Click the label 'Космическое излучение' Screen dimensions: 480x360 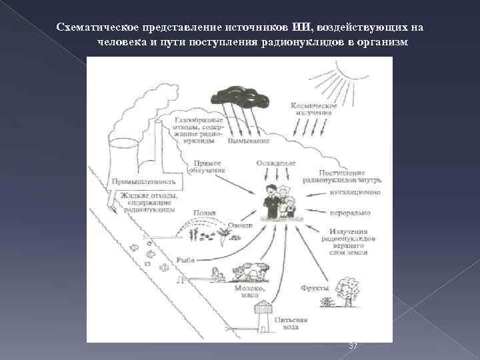pyautogui.click(x=312, y=109)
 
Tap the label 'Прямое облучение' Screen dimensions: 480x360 pyautogui.click(x=208, y=166)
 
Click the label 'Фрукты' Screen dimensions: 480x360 pyautogui.click(x=313, y=287)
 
